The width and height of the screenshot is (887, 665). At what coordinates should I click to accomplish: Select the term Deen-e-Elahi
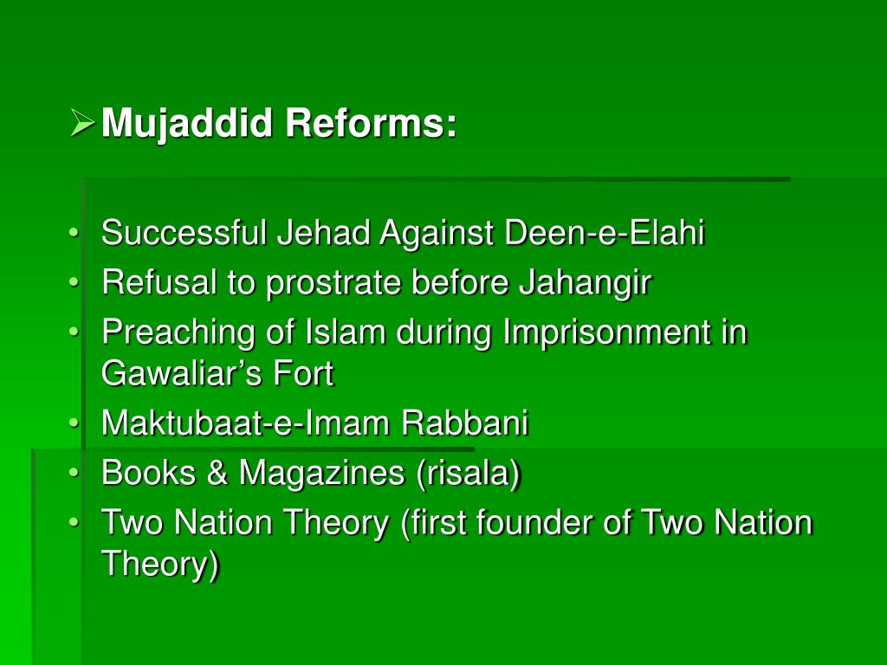pos(605,233)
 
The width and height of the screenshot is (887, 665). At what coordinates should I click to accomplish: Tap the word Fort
pos(303,374)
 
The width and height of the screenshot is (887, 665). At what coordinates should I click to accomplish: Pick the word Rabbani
pos(464,424)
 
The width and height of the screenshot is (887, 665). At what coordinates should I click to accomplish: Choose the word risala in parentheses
pos(469,474)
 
